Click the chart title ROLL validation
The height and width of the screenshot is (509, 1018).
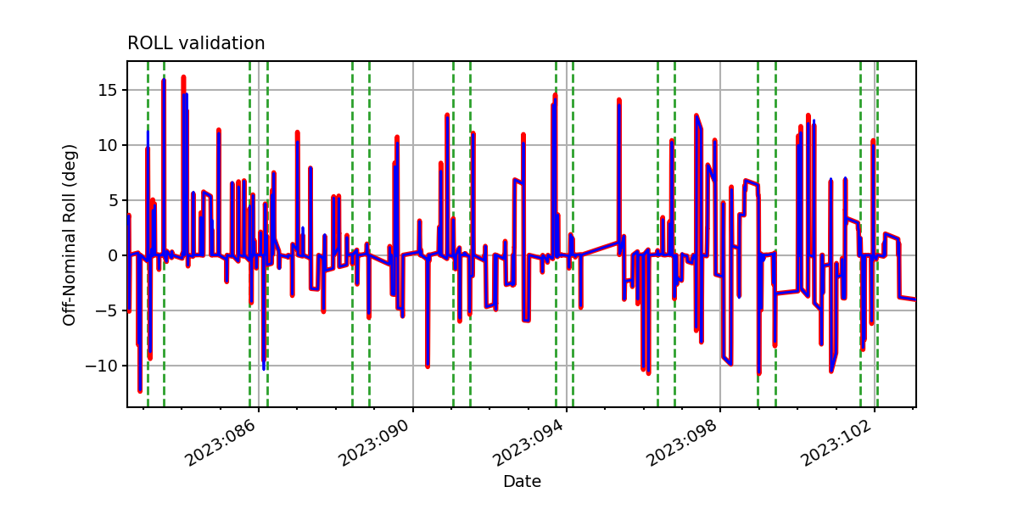(196, 43)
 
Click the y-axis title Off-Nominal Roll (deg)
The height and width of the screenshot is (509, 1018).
(69, 235)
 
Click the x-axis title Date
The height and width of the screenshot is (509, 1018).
(522, 481)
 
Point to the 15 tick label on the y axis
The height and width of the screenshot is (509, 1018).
(107, 90)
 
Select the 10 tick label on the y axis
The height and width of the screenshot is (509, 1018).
(107, 145)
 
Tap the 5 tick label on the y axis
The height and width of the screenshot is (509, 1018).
(112, 200)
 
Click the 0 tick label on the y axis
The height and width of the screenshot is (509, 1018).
(112, 255)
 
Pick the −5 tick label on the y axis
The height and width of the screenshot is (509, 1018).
(106, 310)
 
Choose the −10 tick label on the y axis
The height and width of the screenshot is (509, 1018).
(101, 366)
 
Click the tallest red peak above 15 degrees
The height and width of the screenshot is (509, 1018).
(183, 78)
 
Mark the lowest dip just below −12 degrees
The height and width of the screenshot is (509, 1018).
(140, 390)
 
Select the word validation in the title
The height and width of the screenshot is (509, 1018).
(221, 43)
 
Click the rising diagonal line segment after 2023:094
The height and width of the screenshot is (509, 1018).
(600, 249)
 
